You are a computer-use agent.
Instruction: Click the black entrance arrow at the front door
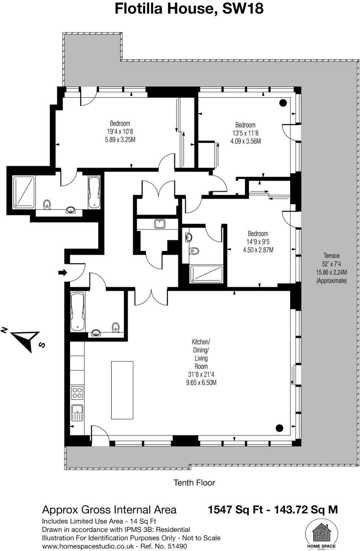63,273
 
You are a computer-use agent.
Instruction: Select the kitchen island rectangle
122,390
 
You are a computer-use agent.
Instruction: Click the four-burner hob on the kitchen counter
77,393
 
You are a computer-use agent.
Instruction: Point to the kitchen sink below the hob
77,413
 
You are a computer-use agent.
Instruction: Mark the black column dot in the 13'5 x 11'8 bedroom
283,103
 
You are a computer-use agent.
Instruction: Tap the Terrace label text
331,256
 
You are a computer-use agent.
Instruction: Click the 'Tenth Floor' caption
194,483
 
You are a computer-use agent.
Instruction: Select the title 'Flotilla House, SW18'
189,8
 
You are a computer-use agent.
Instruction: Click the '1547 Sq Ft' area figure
235,509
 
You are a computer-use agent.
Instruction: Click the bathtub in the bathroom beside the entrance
78,311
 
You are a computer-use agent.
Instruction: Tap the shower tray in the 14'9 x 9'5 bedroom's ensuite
206,274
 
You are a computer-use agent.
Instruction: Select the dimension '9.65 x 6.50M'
201,383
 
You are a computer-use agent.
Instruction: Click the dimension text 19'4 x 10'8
120,132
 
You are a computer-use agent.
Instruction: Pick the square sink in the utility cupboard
159,224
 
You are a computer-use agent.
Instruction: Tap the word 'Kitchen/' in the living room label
201,342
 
